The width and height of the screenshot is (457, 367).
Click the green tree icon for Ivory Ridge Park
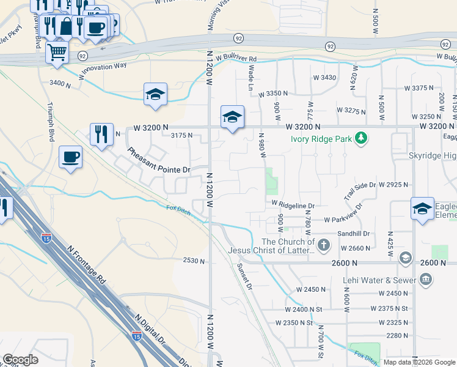362,138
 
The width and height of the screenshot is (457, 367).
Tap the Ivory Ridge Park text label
321,139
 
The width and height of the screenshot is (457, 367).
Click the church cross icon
324,246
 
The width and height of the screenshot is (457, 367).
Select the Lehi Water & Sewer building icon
426,280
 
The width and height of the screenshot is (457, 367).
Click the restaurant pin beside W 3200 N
101,135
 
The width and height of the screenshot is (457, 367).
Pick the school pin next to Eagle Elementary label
422,209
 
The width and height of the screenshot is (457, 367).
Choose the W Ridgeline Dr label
293,206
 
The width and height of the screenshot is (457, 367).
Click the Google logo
20,360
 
